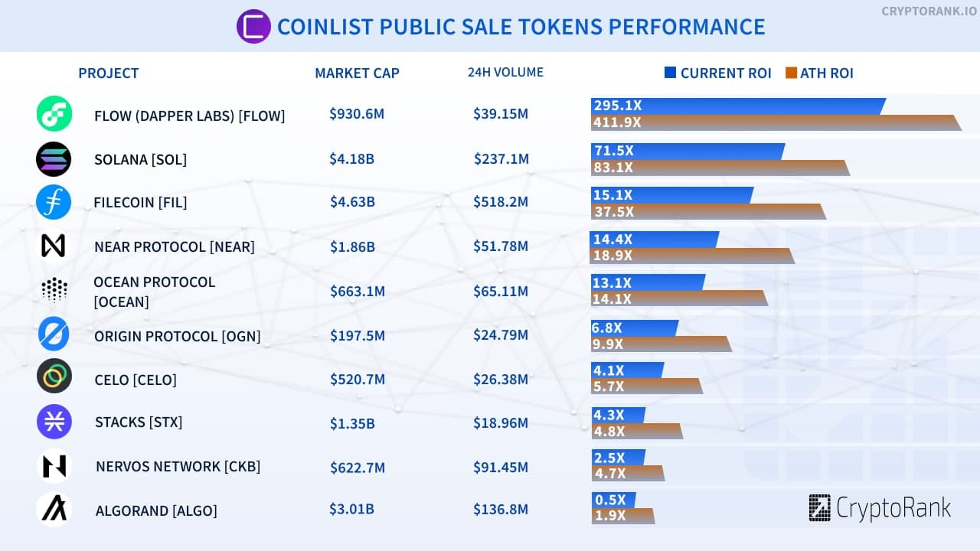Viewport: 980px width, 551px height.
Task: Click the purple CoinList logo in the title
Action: click(x=254, y=27)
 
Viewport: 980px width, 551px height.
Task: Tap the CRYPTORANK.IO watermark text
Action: click(x=927, y=11)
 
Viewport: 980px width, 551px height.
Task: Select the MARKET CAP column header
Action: click(x=357, y=73)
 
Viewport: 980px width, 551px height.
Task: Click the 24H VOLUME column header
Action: click(x=505, y=73)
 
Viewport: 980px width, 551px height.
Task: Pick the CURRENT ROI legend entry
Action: click(x=717, y=73)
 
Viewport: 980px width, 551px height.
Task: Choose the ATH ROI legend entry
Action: click(x=819, y=73)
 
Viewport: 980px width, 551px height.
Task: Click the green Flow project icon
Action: click(x=54, y=114)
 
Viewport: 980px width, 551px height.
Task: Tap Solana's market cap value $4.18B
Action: click(x=352, y=159)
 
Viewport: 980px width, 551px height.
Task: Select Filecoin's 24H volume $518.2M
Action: click(x=501, y=203)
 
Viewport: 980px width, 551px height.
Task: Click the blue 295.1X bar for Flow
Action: click(x=737, y=106)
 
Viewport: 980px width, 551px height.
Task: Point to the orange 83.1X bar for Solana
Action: click(x=720, y=168)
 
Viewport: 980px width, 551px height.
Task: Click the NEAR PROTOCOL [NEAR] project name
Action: click(x=175, y=246)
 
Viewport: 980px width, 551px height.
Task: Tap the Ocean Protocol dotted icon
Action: click(x=54, y=290)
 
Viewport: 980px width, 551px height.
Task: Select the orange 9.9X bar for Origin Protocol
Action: click(x=661, y=344)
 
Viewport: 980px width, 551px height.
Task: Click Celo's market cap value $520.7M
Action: click(x=357, y=380)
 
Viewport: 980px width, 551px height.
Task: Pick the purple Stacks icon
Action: click(x=54, y=422)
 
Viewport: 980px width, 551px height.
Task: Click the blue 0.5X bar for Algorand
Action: click(x=612, y=500)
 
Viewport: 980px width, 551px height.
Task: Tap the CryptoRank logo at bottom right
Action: click(x=880, y=508)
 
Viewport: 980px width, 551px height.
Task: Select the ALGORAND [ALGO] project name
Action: click(x=156, y=510)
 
